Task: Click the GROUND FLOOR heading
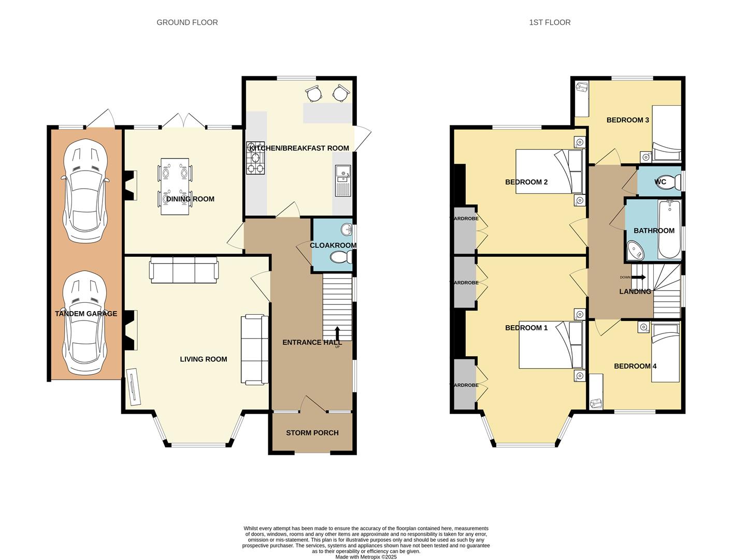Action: [x=187, y=22]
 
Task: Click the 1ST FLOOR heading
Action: [x=550, y=22]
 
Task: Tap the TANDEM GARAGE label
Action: [x=86, y=314]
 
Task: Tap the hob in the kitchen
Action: [x=255, y=158]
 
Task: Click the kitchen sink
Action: [x=343, y=180]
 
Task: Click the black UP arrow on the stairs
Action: [x=338, y=333]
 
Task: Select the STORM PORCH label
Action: [x=312, y=433]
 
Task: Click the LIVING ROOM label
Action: [x=203, y=359]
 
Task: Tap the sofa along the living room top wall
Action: [x=184, y=270]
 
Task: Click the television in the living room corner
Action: [x=134, y=386]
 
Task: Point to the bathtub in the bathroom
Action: [x=669, y=230]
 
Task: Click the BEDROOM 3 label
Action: [x=627, y=120]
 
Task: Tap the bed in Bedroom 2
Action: [x=549, y=171]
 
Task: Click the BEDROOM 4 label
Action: [x=635, y=366]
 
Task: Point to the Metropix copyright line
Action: [x=366, y=557]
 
